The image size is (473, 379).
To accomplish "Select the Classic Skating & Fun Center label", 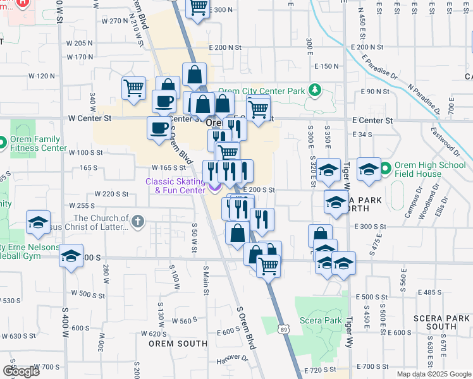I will pyautogui.click(x=175, y=186).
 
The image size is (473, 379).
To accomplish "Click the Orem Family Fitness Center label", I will pyautogui.click(x=38, y=144).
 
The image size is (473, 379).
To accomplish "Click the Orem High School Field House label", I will pyautogui.click(x=430, y=170).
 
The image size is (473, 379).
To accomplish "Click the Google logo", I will pyautogui.click(x=21, y=371).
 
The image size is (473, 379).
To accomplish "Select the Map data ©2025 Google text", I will pyautogui.click(x=434, y=374).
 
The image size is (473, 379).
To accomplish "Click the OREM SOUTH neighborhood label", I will pyautogui.click(x=178, y=344).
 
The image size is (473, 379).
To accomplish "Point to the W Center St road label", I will pyautogui.click(x=90, y=118).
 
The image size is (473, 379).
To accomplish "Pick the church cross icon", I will pyautogui.click(x=138, y=222).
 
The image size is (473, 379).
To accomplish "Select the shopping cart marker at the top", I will pyautogui.click(x=198, y=8).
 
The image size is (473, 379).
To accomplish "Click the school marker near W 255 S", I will pyautogui.click(x=38, y=223).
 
